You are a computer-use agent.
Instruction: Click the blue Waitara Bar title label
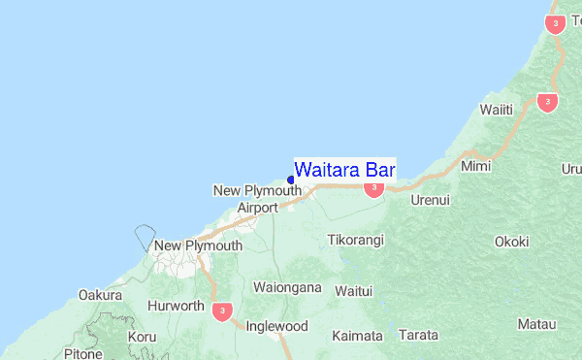tap(344, 170)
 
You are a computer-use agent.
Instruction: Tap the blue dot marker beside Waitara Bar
tap(291, 180)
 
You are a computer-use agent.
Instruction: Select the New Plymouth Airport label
tap(257, 199)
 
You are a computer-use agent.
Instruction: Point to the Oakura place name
tap(101, 295)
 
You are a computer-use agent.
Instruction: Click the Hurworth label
tap(176, 306)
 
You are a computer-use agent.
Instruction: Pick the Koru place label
tap(142, 337)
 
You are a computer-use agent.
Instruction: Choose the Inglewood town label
tap(277, 327)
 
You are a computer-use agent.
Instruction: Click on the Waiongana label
tap(286, 287)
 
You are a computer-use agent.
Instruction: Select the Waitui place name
tap(353, 290)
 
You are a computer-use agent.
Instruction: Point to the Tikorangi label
tap(356, 239)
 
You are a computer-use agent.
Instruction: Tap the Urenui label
tap(431, 199)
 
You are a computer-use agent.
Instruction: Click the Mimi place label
tap(476, 167)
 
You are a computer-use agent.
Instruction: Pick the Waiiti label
tap(495, 109)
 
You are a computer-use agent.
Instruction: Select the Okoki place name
tap(511, 242)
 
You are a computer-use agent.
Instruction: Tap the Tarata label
tap(418, 335)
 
